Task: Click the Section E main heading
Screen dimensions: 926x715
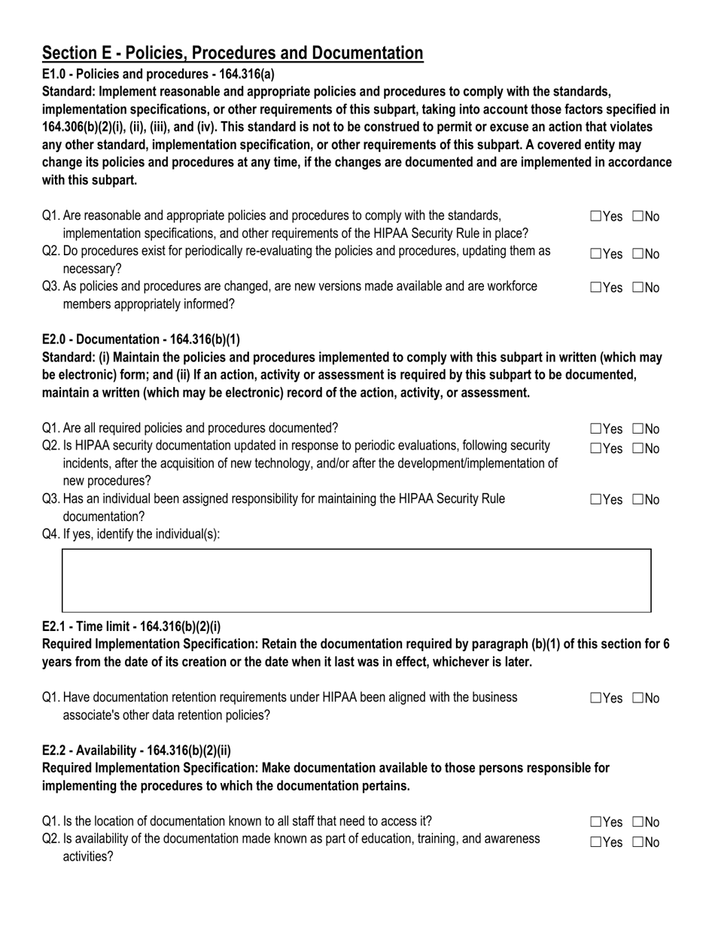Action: (233, 53)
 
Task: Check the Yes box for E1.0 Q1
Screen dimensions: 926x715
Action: (596, 217)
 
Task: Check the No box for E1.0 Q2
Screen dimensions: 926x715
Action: (638, 254)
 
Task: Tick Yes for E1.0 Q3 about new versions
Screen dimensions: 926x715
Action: (596, 288)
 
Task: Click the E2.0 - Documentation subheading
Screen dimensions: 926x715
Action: (141, 339)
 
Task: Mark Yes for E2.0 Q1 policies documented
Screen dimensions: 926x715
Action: (596, 429)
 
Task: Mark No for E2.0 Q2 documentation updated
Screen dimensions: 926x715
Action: (638, 449)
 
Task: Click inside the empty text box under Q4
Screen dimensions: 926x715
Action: (356, 580)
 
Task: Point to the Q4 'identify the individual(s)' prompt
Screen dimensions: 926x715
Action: (131, 534)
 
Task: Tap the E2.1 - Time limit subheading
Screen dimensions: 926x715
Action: (132, 626)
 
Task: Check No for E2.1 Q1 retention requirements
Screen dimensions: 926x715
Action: (638, 699)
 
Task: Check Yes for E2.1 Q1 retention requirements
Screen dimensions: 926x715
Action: (596, 699)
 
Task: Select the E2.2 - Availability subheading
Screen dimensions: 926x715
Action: (137, 750)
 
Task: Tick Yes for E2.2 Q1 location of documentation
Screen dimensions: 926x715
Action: (596, 822)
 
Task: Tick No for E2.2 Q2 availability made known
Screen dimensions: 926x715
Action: (638, 842)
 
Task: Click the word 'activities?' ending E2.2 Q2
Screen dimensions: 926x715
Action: (88, 856)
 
